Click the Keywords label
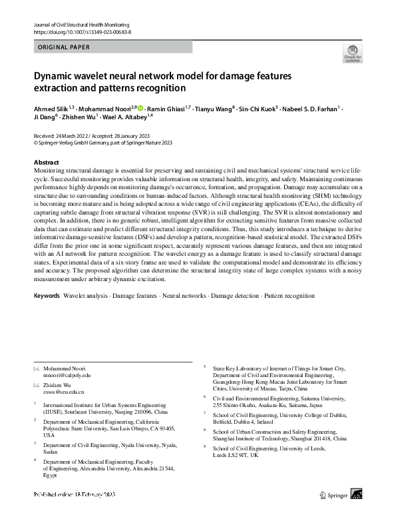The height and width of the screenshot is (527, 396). pyautogui.click(x=47, y=294)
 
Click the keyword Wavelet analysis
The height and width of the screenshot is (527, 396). pyautogui.click(x=86, y=294)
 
